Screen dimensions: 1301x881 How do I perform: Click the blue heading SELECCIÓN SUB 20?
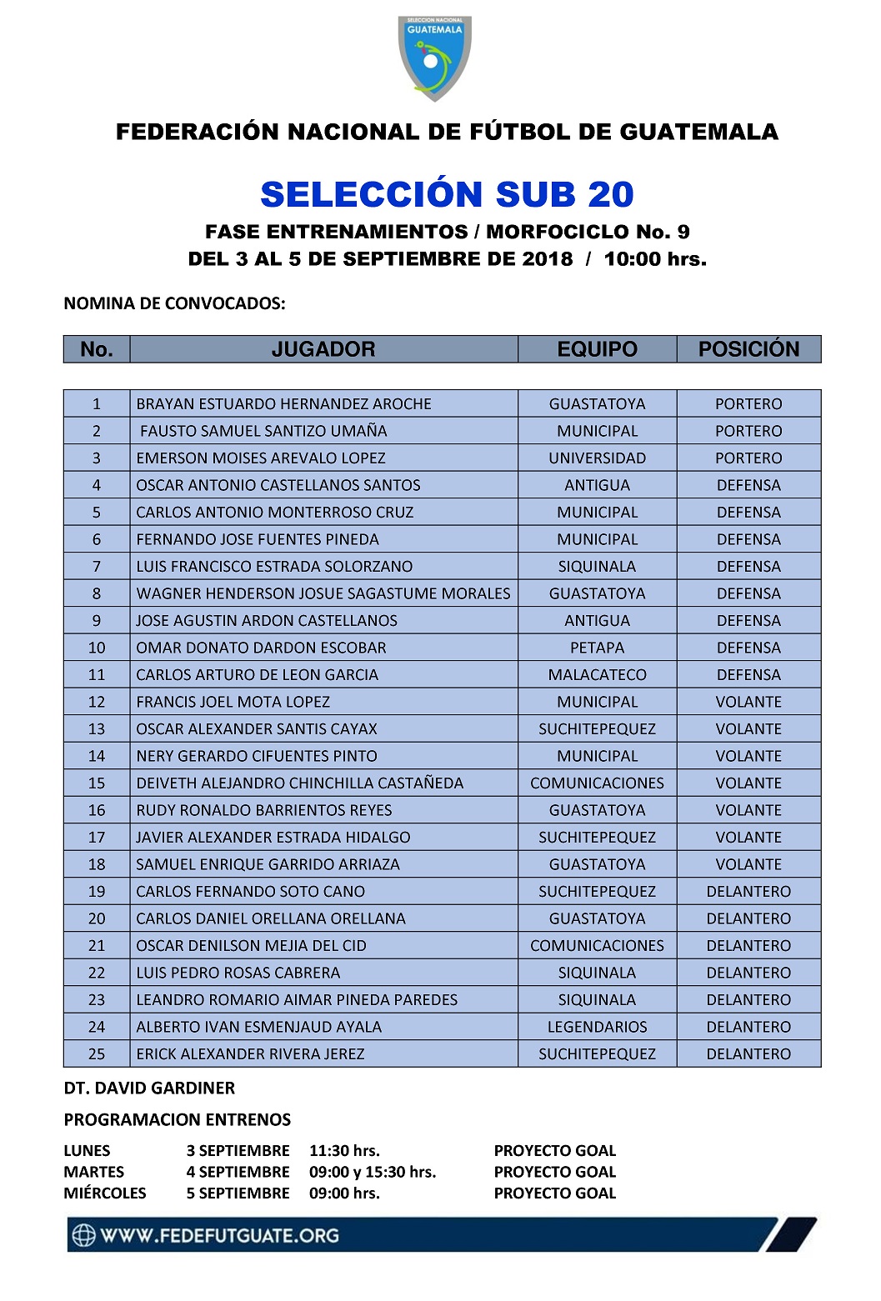click(447, 194)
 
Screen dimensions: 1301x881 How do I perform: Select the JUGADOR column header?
click(323, 349)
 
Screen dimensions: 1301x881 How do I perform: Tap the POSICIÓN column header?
click(748, 349)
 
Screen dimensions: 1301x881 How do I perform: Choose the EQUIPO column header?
click(597, 349)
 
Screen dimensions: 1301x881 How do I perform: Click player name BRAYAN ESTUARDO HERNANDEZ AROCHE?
click(283, 404)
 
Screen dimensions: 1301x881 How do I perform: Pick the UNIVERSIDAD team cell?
click(597, 458)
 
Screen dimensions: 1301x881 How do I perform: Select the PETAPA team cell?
click(597, 648)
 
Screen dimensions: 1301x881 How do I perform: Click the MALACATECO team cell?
click(597, 675)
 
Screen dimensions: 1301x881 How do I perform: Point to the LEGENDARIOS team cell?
click(597, 1027)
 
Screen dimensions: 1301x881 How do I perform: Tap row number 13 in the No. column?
click(97, 729)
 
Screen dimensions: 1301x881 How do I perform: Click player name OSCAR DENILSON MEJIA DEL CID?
click(251, 946)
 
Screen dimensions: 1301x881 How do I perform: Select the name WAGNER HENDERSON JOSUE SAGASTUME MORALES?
click(323, 593)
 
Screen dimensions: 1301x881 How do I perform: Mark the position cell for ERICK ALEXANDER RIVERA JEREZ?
click(748, 1054)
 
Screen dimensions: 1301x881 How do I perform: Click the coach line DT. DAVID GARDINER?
click(149, 1088)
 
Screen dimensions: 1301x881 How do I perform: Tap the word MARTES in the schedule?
click(93, 1172)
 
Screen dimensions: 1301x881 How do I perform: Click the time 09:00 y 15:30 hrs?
click(373, 1172)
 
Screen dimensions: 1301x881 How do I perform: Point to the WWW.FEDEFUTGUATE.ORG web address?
click(219, 1235)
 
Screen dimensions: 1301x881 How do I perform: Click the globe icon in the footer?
click(83, 1235)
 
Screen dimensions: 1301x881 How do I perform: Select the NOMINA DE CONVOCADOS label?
click(174, 303)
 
